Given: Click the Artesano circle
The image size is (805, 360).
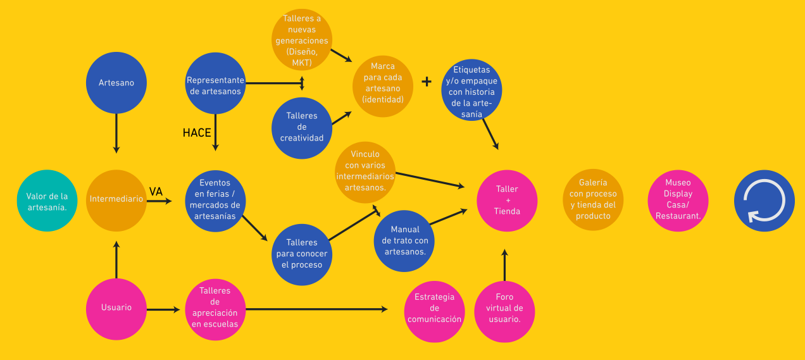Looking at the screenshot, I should (116, 83).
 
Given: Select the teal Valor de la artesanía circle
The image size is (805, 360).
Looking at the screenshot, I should (47, 201).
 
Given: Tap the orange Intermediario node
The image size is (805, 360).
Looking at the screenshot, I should (116, 200).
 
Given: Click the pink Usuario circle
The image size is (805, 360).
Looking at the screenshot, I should (116, 308).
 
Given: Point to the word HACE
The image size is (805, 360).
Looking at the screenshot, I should (197, 133).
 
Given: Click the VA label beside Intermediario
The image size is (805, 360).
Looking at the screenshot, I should (156, 191).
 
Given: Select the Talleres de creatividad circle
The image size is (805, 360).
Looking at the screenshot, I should (302, 127).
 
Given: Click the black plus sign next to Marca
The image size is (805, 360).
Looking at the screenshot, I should (427, 82).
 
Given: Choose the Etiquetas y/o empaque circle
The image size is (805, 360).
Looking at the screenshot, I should (471, 91).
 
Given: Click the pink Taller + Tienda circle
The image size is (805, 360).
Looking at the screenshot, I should (507, 200).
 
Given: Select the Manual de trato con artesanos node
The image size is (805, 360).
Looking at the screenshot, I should (405, 240).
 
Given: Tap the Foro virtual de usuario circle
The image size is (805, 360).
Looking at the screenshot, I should (504, 308).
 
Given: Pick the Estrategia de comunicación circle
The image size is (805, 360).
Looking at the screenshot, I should (434, 308).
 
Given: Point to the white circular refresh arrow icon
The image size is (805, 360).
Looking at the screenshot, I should (764, 200).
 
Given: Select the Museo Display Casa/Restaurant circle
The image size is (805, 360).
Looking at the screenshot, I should (678, 200).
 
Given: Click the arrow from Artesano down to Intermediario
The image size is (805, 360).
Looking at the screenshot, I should (116, 133).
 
